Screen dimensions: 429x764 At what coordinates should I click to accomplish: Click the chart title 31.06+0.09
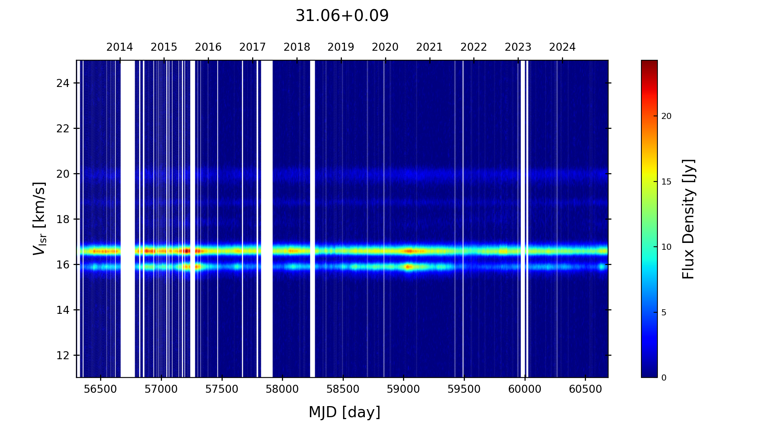pyautogui.click(x=342, y=16)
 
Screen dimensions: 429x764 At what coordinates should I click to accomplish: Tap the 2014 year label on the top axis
pyautogui.click(x=120, y=47)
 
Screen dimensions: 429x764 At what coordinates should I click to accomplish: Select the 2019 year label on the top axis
pyautogui.click(x=341, y=47)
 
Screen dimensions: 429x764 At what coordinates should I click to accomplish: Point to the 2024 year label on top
pyautogui.click(x=562, y=47)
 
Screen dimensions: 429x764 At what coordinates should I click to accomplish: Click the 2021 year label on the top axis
pyautogui.click(x=429, y=47)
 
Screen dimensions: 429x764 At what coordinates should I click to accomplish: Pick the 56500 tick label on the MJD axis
pyautogui.click(x=100, y=389)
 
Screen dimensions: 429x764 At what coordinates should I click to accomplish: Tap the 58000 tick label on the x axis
pyautogui.click(x=282, y=389)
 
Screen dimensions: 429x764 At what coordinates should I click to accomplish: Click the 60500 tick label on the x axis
pyautogui.click(x=585, y=389)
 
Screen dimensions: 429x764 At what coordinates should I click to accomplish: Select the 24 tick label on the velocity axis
pyautogui.click(x=63, y=83)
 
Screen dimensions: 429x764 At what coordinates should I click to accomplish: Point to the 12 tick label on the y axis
pyautogui.click(x=63, y=355)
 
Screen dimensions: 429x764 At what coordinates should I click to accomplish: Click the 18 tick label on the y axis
pyautogui.click(x=63, y=219)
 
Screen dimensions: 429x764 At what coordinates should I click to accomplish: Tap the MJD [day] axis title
pyautogui.click(x=345, y=413)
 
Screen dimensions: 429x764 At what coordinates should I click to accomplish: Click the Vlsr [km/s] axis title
pyautogui.click(x=39, y=219)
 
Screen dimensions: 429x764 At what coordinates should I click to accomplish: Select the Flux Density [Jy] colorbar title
pyautogui.click(x=688, y=219)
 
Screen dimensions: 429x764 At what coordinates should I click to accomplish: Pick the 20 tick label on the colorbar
pyautogui.click(x=666, y=116)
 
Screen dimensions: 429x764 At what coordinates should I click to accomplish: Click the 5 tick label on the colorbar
pyautogui.click(x=664, y=313)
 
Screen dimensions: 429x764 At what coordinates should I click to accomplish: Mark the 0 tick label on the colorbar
pyautogui.click(x=664, y=378)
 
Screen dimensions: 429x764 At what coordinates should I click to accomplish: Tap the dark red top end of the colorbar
pyautogui.click(x=649, y=63)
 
